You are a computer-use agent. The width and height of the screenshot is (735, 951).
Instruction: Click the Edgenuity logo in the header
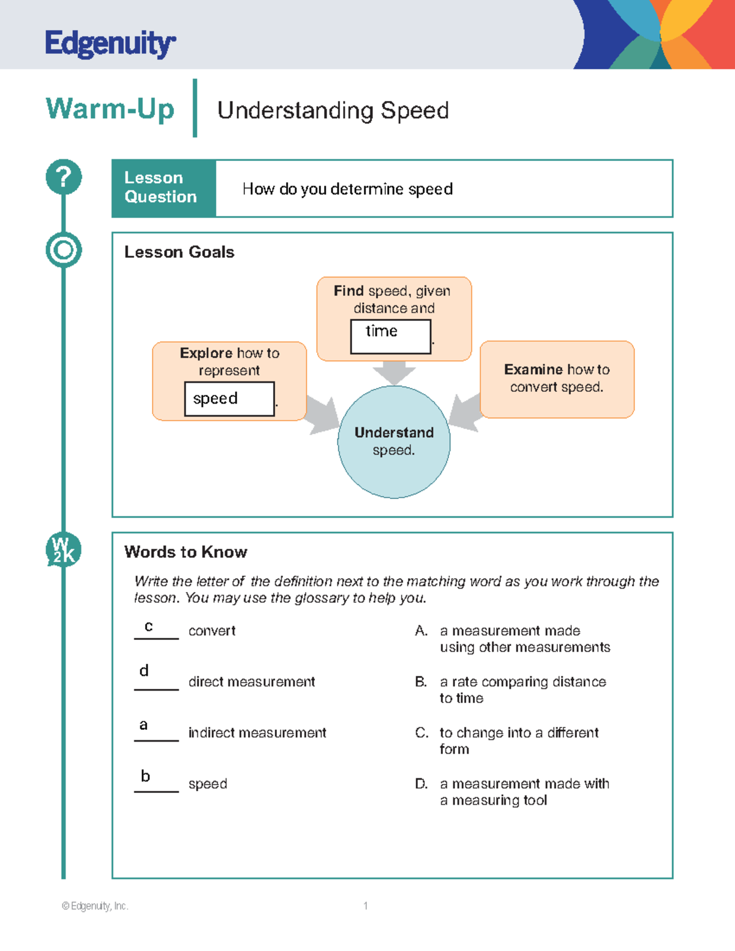click(x=110, y=44)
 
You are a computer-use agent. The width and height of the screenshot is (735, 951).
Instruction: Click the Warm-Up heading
click(x=110, y=109)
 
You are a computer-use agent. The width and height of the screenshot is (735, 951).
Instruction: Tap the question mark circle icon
click(x=64, y=177)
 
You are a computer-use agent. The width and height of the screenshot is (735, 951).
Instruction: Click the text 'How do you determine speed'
click(x=347, y=189)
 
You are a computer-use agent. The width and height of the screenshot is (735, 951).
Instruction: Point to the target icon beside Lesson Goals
click(x=64, y=250)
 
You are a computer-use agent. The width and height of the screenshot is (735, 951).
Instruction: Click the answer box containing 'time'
click(x=390, y=336)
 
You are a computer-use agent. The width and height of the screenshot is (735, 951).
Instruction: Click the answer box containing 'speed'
click(x=229, y=399)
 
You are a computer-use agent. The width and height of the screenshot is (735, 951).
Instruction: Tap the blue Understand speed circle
click(x=394, y=442)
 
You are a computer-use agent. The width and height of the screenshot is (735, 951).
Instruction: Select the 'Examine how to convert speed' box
click(x=557, y=379)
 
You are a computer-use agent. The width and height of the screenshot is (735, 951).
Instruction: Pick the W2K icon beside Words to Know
click(x=64, y=549)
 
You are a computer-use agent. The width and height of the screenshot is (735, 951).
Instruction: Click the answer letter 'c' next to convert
click(x=149, y=626)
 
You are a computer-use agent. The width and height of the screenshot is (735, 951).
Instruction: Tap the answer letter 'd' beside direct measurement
click(x=144, y=671)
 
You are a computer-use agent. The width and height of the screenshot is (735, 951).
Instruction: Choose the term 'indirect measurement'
click(x=257, y=733)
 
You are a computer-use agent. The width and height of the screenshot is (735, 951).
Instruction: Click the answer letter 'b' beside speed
click(x=145, y=776)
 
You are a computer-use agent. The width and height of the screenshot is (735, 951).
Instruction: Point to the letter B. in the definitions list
click(x=421, y=682)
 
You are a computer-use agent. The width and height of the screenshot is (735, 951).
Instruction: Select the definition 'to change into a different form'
click(x=519, y=741)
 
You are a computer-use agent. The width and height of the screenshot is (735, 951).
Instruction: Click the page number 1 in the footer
click(x=366, y=906)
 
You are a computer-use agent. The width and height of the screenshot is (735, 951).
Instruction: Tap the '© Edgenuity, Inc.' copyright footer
click(x=95, y=906)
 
